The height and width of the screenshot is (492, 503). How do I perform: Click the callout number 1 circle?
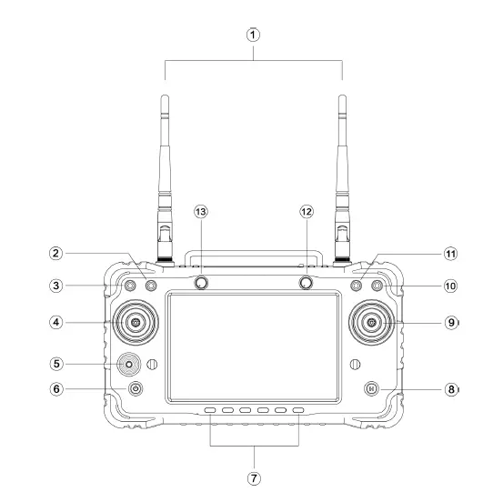(x=253, y=35)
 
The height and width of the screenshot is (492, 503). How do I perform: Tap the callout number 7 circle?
(x=254, y=478)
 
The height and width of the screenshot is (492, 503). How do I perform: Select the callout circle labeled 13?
(x=201, y=212)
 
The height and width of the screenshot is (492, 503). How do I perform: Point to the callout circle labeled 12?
(x=307, y=212)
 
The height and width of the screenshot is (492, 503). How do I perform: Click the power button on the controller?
(x=136, y=388)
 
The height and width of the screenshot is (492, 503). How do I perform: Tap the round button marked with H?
(x=372, y=388)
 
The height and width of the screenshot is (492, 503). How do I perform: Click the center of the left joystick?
(x=136, y=322)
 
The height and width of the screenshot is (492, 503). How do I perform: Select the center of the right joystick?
(x=372, y=322)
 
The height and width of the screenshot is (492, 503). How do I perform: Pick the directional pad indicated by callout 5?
(x=129, y=364)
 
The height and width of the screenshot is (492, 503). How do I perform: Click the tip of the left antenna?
(x=165, y=95)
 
